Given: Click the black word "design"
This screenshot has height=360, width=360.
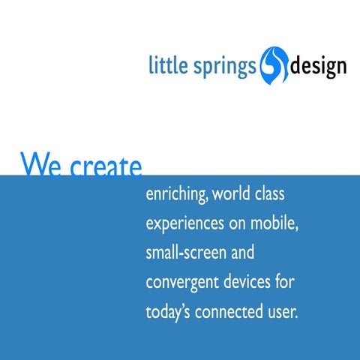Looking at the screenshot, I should [319, 67].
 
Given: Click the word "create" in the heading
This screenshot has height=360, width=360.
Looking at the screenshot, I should [105, 166].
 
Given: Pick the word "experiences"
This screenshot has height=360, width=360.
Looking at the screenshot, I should [184, 224].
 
